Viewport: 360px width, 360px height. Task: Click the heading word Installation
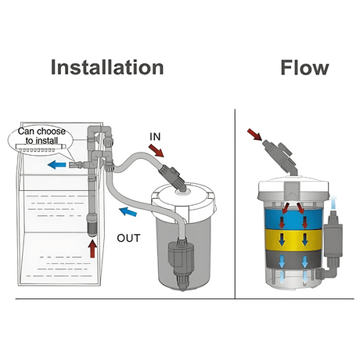click(x=107, y=67)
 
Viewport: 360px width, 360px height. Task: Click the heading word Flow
click(x=304, y=67)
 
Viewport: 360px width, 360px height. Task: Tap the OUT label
click(x=130, y=237)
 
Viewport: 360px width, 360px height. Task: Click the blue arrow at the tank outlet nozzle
click(x=55, y=166)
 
